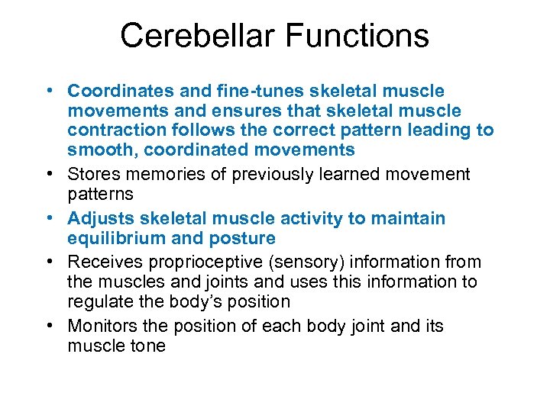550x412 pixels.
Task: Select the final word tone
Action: [x=146, y=345]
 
